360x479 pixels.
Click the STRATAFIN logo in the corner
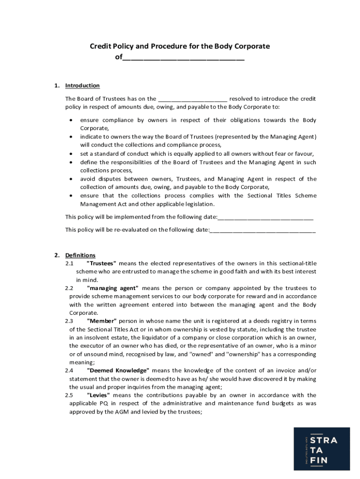(x=322, y=449)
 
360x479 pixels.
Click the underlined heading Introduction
(x=82, y=86)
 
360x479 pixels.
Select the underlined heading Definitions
(x=80, y=255)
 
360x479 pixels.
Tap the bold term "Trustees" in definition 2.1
(x=101, y=263)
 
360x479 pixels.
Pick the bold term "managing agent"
(x=112, y=288)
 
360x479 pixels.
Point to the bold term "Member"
(x=102, y=321)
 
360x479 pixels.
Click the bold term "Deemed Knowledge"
(x=118, y=370)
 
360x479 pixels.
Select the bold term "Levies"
(x=98, y=395)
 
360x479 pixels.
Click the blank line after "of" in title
(x=183, y=58)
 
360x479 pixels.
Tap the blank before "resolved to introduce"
(x=193, y=99)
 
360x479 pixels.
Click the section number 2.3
(x=69, y=321)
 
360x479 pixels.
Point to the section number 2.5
(x=69, y=395)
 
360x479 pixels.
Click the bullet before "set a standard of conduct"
(x=71, y=154)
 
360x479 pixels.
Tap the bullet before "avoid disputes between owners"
(x=71, y=179)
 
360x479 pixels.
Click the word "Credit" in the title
(x=100, y=46)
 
